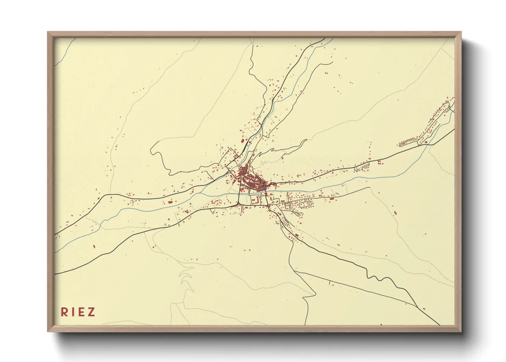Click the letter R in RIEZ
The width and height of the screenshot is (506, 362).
click(x=64, y=312)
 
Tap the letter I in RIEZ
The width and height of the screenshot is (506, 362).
click(x=73, y=312)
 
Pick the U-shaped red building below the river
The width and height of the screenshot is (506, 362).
click(x=254, y=200)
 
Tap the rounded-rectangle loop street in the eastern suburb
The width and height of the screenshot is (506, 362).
click(x=306, y=204)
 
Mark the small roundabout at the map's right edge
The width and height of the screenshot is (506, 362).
click(x=452, y=110)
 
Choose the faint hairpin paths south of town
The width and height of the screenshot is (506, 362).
click(x=185, y=277)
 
